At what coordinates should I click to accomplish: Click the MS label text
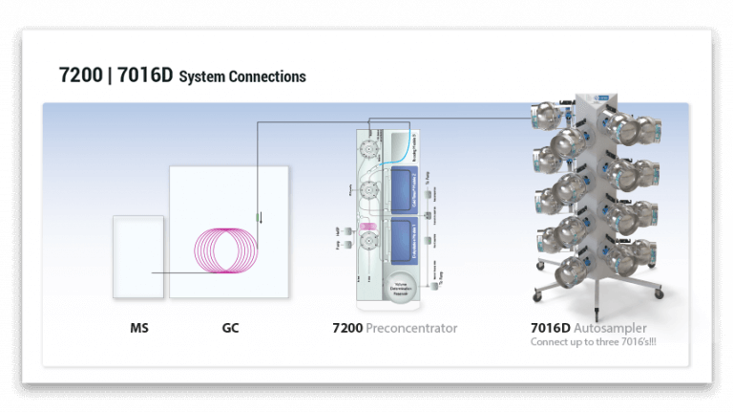tap(139, 329)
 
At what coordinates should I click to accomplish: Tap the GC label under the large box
tap(230, 329)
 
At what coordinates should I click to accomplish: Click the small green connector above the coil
tap(258, 217)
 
